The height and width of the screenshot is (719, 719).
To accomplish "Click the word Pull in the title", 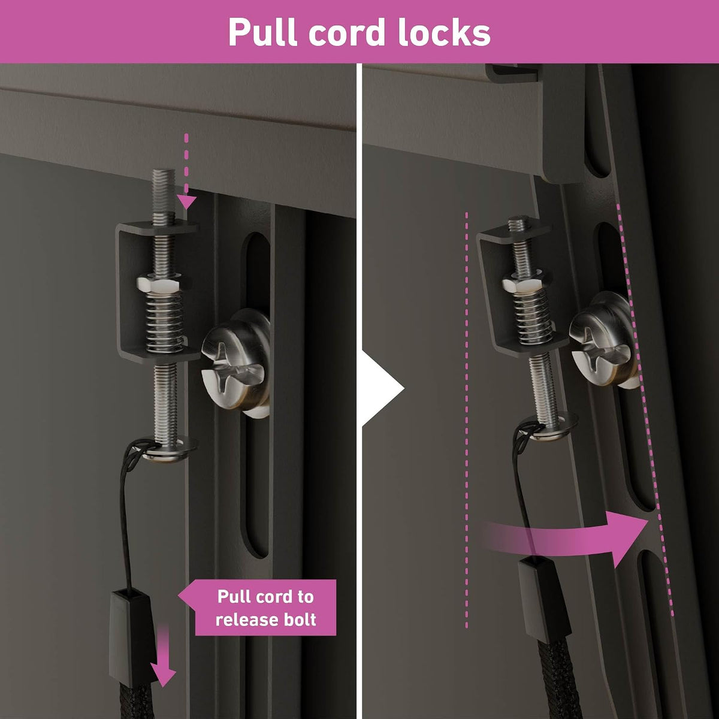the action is pos(263,32).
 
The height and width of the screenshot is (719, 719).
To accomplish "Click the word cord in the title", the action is pos(348,32).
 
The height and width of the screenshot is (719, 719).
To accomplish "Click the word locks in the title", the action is pos(443,32).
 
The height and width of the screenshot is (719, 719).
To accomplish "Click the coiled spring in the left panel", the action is pos(165,322).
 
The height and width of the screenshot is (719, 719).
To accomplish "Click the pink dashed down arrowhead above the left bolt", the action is pos(186,202).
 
